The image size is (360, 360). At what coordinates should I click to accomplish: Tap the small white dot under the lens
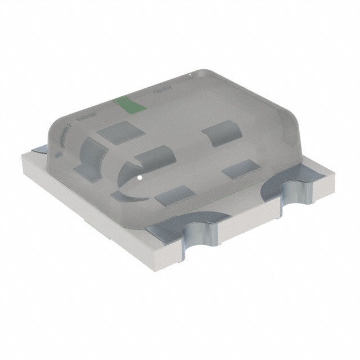pos(138,179)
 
